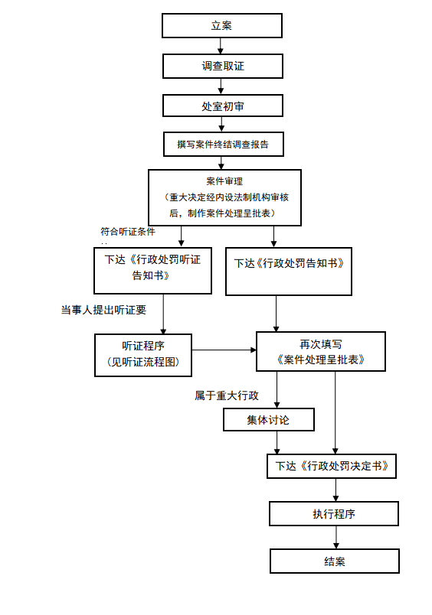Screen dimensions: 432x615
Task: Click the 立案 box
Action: pyautogui.click(x=222, y=26)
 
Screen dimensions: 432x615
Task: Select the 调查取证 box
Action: pyautogui.click(x=223, y=66)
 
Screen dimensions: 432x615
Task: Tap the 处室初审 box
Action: pyautogui.click(x=223, y=106)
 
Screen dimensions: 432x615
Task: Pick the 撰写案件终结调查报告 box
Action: pyautogui.click(x=224, y=145)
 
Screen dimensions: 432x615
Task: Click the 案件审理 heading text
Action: pyautogui.click(x=224, y=181)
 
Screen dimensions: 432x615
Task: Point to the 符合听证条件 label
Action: pyautogui.click(x=128, y=232)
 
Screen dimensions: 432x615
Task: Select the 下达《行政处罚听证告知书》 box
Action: pyautogui.click(x=152, y=271)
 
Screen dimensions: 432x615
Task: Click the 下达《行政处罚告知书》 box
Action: pyautogui.click(x=289, y=272)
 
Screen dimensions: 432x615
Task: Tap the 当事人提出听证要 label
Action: pyautogui.click(x=103, y=310)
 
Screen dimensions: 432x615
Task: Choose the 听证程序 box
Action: pyautogui.click(x=143, y=356)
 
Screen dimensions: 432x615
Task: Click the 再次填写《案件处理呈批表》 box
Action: pyautogui.click(x=321, y=351)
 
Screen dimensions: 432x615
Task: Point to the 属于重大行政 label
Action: pyautogui.click(x=227, y=395)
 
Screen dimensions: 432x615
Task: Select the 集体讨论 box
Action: pyautogui.click(x=269, y=420)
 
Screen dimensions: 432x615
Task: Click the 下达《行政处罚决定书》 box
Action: pyautogui.click(x=332, y=467)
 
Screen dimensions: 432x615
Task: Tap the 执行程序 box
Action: pyautogui.click(x=334, y=514)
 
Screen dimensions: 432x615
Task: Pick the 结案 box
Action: pyautogui.click(x=335, y=561)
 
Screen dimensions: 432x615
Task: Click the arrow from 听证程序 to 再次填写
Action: pyautogui.click(x=224, y=350)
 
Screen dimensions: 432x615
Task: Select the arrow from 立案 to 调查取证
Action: pyautogui.click(x=221, y=46)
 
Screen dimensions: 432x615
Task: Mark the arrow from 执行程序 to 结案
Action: pyautogui.click(x=336, y=537)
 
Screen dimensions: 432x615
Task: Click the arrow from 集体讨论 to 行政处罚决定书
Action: pyautogui.click(x=277, y=443)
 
